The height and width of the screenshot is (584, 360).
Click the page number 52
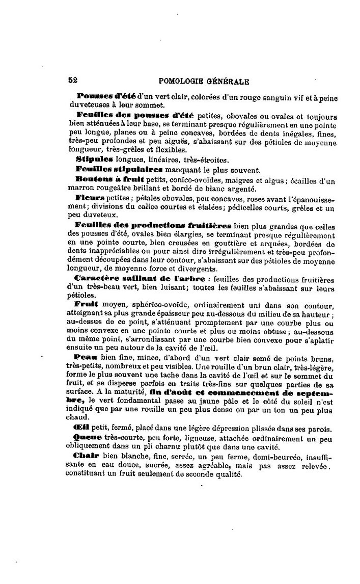[x=72, y=80]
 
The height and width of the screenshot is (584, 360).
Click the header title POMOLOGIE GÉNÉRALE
[x=204, y=81]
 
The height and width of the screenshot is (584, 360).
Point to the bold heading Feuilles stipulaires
[x=119, y=169]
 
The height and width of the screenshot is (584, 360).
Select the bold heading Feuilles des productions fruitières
[x=153, y=225]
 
